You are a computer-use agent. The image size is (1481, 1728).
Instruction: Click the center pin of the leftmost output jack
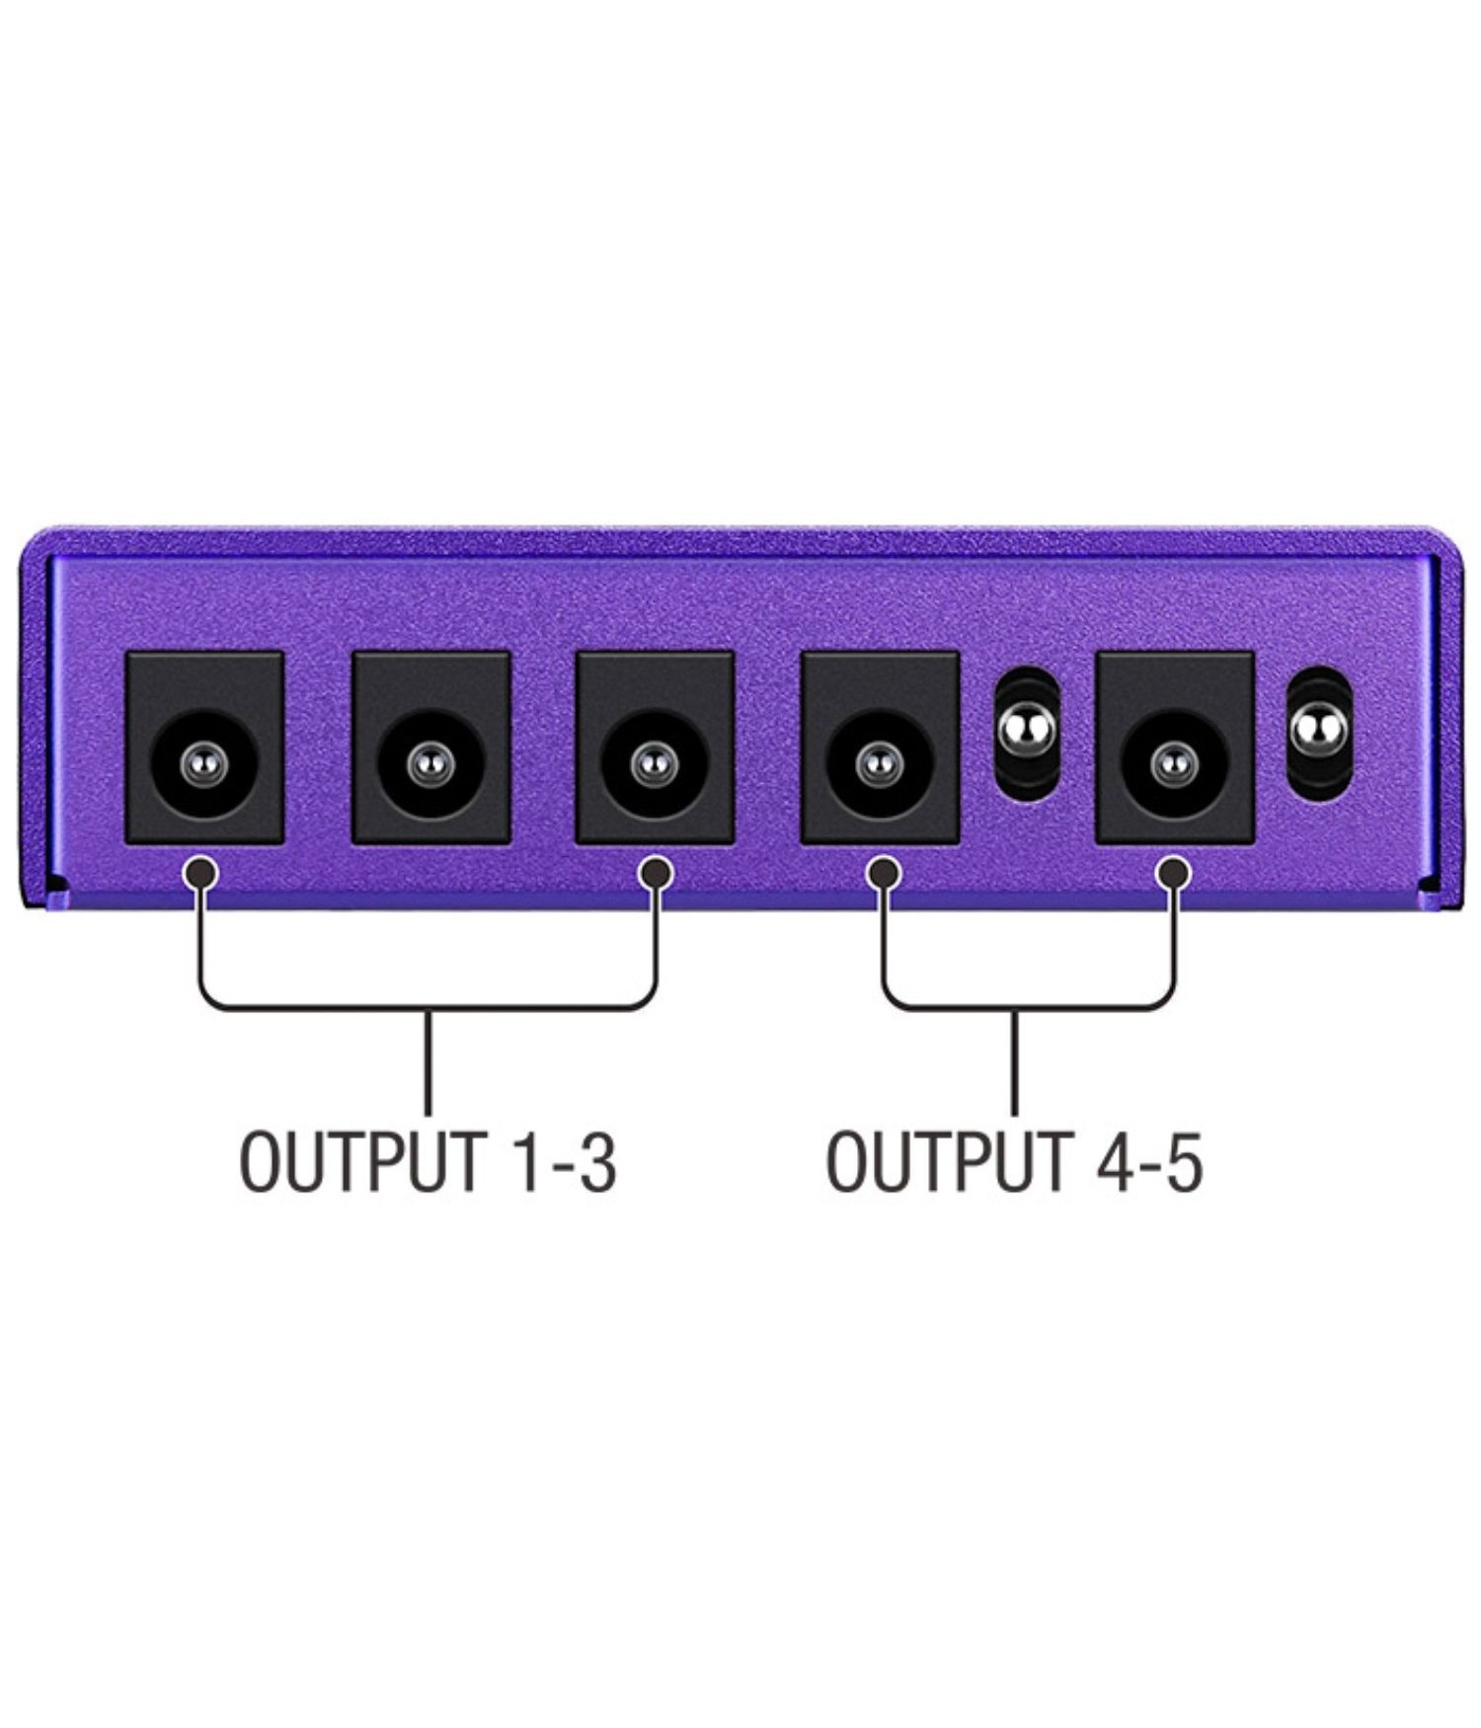204,762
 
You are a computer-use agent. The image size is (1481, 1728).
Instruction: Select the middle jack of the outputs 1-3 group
431,746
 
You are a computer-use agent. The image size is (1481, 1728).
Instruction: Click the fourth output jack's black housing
880,746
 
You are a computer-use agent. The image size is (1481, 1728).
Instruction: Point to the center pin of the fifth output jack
1174,762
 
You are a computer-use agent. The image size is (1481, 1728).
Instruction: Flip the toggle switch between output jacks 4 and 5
1027,733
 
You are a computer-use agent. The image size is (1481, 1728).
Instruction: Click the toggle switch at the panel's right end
1319,733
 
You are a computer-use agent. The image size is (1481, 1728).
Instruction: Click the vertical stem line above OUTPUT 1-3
428,1061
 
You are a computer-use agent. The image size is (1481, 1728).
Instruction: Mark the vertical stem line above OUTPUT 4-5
1014,1061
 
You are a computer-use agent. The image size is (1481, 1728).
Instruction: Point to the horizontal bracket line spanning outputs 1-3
428,1008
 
